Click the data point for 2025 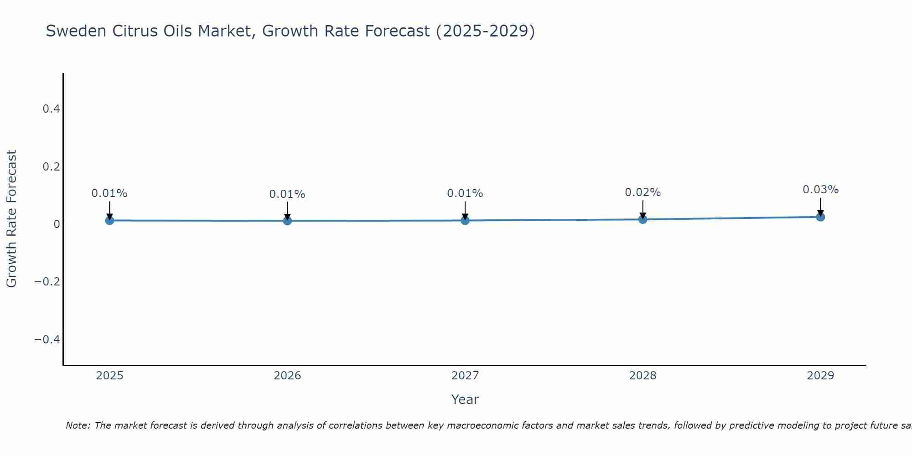(109, 220)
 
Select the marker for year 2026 (287, 221)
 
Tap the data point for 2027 (465, 220)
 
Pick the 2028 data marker (643, 219)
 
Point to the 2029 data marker (820, 217)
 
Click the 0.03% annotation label (820, 190)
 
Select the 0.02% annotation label (643, 192)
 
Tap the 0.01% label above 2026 (287, 194)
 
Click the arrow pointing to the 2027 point (465, 210)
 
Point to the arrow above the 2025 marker (109, 210)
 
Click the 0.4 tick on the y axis (51, 109)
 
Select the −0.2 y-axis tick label (47, 282)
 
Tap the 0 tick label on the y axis (57, 224)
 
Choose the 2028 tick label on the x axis (643, 376)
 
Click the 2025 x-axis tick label (110, 376)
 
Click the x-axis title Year (465, 399)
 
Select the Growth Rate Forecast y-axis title (11, 219)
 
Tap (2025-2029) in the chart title (485, 31)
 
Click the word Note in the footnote (78, 425)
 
